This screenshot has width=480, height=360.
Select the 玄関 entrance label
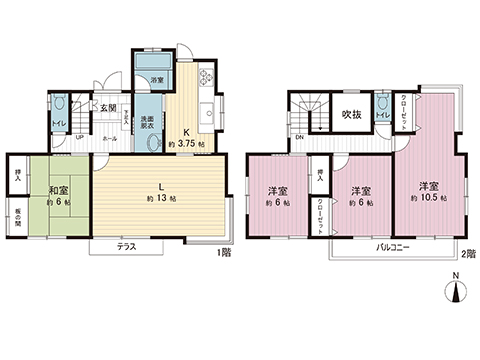click(x=108, y=107)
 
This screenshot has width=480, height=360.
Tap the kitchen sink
click(x=209, y=113)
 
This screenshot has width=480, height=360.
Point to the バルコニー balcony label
click(x=395, y=247)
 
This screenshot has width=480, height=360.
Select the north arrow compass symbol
click(x=456, y=291)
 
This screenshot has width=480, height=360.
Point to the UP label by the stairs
click(x=80, y=139)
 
